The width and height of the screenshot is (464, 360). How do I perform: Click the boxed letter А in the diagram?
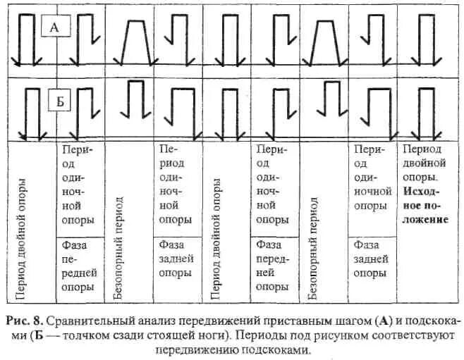coord(55,28)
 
